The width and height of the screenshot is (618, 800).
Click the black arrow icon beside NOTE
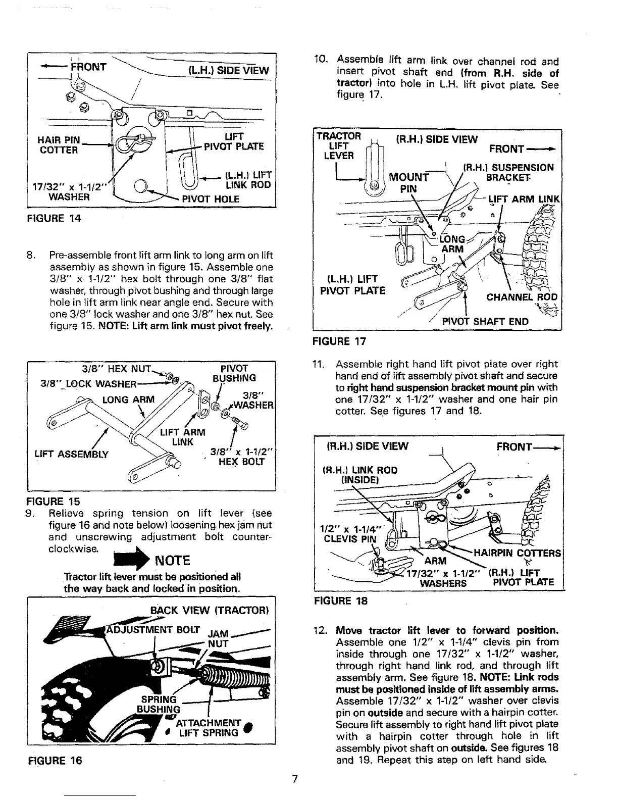[x=137, y=560]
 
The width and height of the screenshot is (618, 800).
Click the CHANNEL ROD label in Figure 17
[x=522, y=297]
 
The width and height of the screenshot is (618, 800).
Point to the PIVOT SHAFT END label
[x=485, y=322]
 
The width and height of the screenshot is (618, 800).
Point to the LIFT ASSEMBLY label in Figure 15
[x=71, y=454]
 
